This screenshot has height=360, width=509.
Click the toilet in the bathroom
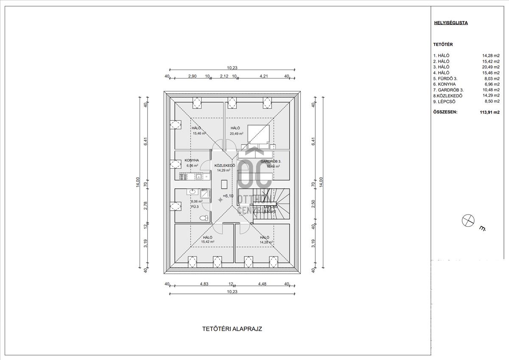coord(204,218)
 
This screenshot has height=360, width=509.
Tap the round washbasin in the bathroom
coord(192,192)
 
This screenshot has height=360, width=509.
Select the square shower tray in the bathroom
coord(204,194)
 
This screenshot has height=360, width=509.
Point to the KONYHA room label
coord(192,161)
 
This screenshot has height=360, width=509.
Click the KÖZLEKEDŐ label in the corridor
coord(224,165)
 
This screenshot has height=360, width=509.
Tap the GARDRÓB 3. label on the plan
coord(271,162)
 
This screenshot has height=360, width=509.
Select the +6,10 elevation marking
coord(228,196)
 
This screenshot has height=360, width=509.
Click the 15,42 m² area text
coord(207,242)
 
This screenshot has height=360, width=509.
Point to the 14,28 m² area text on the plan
coord(266,242)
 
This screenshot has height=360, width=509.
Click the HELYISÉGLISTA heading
coord(450,23)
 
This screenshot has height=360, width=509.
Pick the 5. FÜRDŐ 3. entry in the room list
coord(445,78)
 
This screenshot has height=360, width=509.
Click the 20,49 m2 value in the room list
coord(491,67)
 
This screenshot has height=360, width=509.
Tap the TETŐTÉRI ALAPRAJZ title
coord(235,329)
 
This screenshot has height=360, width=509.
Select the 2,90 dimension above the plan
coord(192,76)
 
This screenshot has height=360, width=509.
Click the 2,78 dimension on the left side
coord(145,206)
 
